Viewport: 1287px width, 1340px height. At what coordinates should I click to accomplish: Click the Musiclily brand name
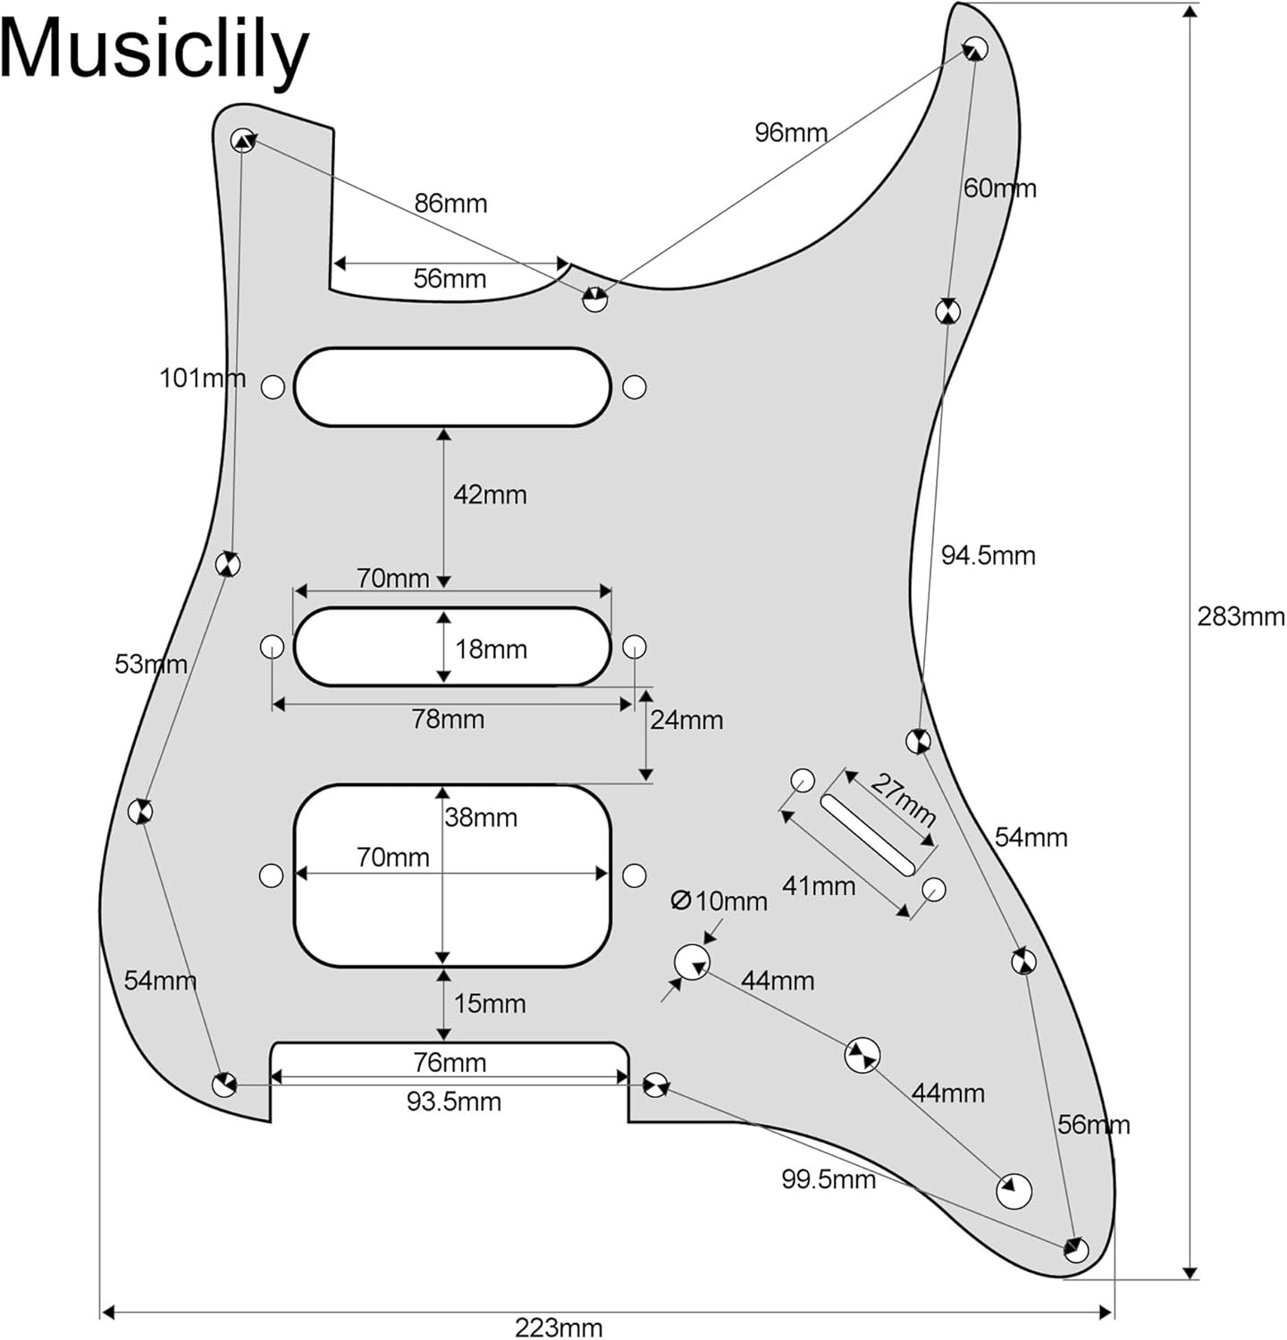(x=154, y=51)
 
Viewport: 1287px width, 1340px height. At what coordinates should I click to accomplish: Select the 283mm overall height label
(x=1241, y=616)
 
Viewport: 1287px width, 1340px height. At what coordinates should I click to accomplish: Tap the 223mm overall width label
(x=559, y=1327)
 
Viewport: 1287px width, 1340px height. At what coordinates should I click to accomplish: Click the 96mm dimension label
(x=790, y=133)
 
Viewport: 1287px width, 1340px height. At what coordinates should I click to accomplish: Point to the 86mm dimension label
(x=450, y=204)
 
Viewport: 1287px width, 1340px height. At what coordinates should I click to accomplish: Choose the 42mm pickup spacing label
(x=490, y=495)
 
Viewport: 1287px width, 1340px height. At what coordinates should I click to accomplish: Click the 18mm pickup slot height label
(x=491, y=649)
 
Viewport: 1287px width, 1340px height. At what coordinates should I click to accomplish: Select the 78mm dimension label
(x=448, y=719)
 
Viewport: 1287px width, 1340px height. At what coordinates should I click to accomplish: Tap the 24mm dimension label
(x=686, y=720)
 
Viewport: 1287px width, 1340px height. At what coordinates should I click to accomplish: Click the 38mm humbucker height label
(x=481, y=817)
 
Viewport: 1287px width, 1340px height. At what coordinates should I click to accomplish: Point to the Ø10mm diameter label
(x=719, y=901)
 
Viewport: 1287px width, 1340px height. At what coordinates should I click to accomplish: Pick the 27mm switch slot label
(x=904, y=800)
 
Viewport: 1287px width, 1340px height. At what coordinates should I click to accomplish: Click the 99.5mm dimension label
(x=829, y=1179)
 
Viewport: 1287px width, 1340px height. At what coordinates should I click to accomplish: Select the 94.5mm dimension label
(x=988, y=556)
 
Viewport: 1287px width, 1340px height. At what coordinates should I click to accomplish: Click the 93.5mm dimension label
(x=453, y=1101)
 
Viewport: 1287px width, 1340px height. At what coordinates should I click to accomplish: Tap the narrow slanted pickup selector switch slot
(x=868, y=834)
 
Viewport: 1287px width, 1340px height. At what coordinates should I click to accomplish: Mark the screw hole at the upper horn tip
(x=975, y=48)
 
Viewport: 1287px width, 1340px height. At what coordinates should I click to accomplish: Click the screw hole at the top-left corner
(x=242, y=140)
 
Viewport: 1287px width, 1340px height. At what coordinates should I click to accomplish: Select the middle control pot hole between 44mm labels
(x=862, y=1055)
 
